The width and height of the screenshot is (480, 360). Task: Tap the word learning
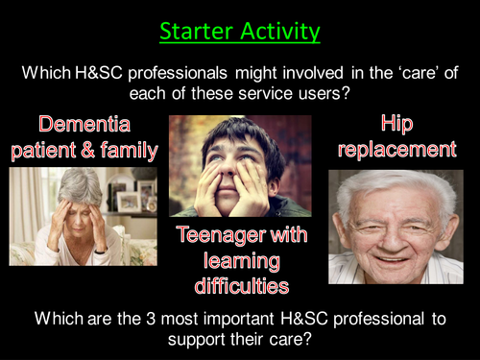241,260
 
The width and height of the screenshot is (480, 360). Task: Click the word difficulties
241,285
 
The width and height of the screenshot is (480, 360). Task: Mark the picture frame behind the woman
128,201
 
